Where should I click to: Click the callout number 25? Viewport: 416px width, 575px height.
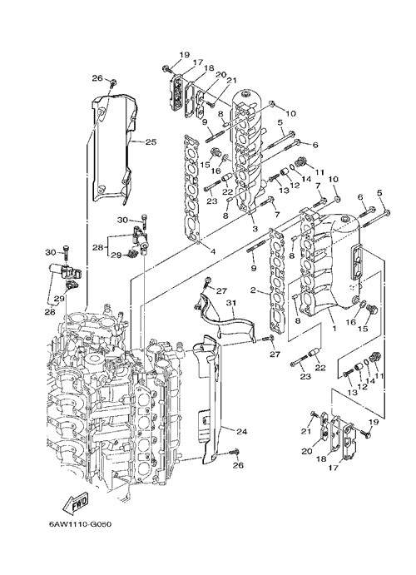tap(151, 142)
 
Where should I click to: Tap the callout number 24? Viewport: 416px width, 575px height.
tap(241, 432)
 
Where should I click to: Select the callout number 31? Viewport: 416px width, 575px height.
tap(230, 303)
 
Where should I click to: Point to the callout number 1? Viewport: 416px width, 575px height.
tap(334, 328)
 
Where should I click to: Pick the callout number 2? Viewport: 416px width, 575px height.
tap(253, 290)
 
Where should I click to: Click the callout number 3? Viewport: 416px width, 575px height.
tap(255, 229)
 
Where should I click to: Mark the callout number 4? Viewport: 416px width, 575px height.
tap(213, 251)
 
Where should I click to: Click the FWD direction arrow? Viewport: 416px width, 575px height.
tap(75, 503)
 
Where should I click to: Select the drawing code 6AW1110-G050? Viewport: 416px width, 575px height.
tap(80, 524)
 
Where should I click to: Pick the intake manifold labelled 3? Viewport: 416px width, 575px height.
tap(250, 151)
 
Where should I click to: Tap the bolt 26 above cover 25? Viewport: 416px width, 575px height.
tap(113, 82)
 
